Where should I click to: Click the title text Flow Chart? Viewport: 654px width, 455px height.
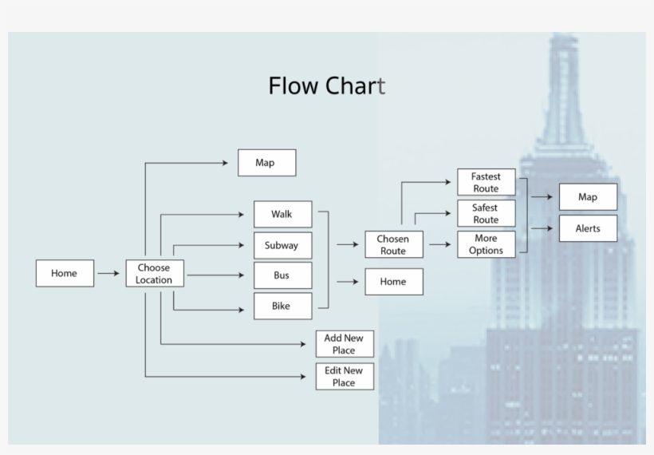coord(326,85)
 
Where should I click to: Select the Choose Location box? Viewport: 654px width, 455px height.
coord(154,274)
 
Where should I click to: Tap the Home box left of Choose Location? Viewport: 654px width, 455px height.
coord(65,273)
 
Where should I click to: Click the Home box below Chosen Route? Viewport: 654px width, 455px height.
coord(393,282)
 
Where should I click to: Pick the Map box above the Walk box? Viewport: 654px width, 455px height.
coord(266,163)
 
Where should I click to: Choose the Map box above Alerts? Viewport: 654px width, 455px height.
coord(588,197)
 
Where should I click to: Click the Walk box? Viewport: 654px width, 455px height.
coord(282,214)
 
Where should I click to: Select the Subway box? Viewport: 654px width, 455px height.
coord(282,245)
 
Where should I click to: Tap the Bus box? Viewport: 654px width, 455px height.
coord(282,275)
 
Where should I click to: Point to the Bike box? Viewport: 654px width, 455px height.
coord(282,306)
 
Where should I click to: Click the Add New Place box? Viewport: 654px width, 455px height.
coord(345,344)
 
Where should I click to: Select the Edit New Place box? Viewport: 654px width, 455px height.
coord(345,376)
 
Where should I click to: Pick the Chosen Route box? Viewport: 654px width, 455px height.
coord(393,244)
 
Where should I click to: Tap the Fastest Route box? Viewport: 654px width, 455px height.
coord(486,182)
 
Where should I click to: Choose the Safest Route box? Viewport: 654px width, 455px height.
coord(486,213)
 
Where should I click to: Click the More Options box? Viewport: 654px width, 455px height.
coord(486,244)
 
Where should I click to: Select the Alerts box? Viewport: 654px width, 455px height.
coord(588,228)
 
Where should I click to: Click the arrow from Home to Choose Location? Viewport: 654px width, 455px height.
coord(108,273)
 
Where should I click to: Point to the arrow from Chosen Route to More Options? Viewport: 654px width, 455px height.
coord(439,244)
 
